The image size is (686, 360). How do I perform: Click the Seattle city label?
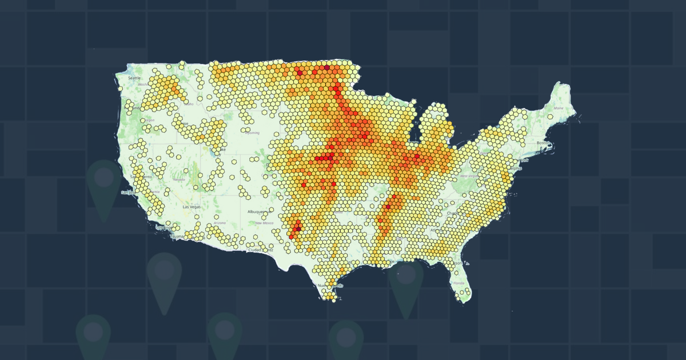pos(134,78)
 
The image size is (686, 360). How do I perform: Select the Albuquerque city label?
pos(256,211)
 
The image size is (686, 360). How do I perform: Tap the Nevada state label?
pos(178,179)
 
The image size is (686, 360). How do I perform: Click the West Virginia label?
pos(469,175)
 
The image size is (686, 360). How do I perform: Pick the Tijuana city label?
pos(177,236)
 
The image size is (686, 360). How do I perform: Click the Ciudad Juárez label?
pos(260,250)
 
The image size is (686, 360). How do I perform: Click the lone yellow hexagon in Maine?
pos(549,117)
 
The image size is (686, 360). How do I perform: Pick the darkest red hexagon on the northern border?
pos(326,67)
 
